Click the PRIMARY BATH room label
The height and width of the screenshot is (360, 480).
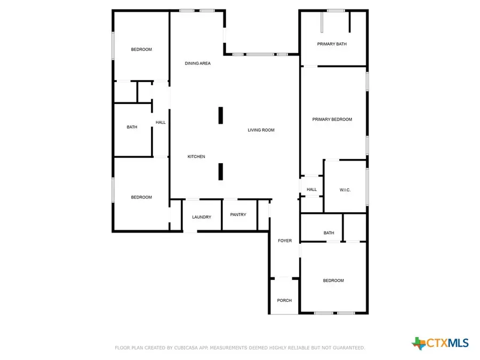(x=332, y=44)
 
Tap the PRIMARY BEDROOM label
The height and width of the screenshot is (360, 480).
(x=332, y=119)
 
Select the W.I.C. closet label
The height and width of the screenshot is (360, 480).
(x=345, y=190)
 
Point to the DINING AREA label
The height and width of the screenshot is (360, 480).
(x=197, y=63)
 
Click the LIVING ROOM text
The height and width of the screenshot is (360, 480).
(x=261, y=130)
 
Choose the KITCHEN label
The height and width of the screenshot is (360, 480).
(x=196, y=156)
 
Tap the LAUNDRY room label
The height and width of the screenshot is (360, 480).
(x=202, y=217)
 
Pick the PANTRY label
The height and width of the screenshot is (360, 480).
(x=238, y=214)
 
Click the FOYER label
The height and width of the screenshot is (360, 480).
(x=285, y=241)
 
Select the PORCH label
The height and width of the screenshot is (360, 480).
(x=284, y=300)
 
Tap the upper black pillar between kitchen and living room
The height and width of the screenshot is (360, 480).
(x=220, y=115)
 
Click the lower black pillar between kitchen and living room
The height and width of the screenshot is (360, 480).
(x=220, y=171)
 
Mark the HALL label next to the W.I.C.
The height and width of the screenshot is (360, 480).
(x=311, y=189)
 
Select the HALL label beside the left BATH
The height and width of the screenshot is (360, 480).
(x=161, y=122)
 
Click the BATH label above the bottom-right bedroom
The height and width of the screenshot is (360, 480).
(x=329, y=233)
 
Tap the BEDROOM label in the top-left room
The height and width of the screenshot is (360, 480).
(x=141, y=49)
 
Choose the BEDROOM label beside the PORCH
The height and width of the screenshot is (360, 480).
(x=333, y=281)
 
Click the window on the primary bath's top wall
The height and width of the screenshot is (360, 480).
(x=335, y=10)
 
